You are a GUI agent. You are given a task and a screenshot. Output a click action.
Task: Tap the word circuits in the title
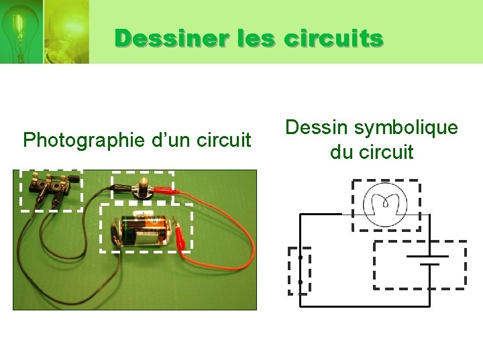tap(333, 38)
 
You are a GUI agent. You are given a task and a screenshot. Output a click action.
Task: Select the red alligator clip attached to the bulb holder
tap(167, 192)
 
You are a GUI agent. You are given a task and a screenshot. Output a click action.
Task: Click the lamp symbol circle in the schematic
tap(385, 204)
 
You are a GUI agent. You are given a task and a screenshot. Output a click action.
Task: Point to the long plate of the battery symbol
tap(427, 255)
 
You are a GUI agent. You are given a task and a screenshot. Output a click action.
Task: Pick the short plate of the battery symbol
tap(428, 264)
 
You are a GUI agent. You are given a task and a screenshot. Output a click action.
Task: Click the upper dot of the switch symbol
tap(301, 257)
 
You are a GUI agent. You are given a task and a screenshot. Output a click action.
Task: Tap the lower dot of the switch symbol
tap(301, 282)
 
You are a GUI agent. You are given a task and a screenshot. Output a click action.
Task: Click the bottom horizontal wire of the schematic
tap(366, 306)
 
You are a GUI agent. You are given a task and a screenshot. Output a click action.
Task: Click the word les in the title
tap(256, 38)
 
